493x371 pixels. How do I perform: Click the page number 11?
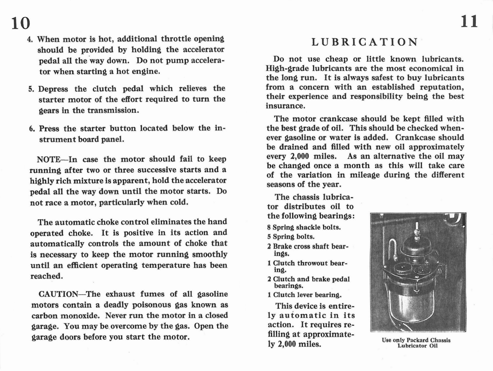(x=469, y=22)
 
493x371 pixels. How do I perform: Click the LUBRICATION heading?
(x=365, y=42)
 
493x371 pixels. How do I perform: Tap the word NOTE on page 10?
(x=49, y=159)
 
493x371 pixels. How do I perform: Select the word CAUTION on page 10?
(x=58, y=294)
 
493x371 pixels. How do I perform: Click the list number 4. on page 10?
(x=30, y=40)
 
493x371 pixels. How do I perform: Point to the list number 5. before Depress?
(x=31, y=89)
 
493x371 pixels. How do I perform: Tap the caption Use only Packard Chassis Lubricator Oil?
(x=416, y=343)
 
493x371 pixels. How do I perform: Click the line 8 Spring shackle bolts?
(x=304, y=228)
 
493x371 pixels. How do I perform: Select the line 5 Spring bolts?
(x=291, y=237)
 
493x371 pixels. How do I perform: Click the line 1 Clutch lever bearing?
(x=304, y=295)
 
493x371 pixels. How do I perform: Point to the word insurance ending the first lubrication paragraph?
(x=285, y=106)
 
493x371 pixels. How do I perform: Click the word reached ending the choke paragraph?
(x=46, y=276)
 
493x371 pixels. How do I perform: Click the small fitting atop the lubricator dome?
(x=417, y=230)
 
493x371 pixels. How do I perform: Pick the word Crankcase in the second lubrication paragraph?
(x=415, y=138)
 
